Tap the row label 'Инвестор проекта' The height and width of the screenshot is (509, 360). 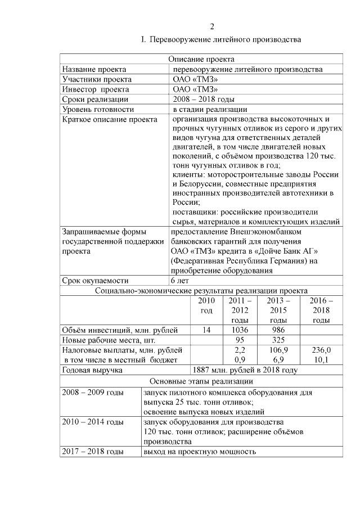point(96,89)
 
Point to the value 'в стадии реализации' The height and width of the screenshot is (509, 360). point(210,110)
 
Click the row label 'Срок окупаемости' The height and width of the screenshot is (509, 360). point(96,281)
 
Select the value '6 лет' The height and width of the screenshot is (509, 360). point(180,281)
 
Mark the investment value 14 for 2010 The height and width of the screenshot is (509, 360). point(206,330)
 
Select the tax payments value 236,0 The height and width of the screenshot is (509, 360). point(321,350)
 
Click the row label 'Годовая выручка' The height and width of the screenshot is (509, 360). point(92,370)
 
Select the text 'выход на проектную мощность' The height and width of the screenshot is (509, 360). point(200,452)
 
